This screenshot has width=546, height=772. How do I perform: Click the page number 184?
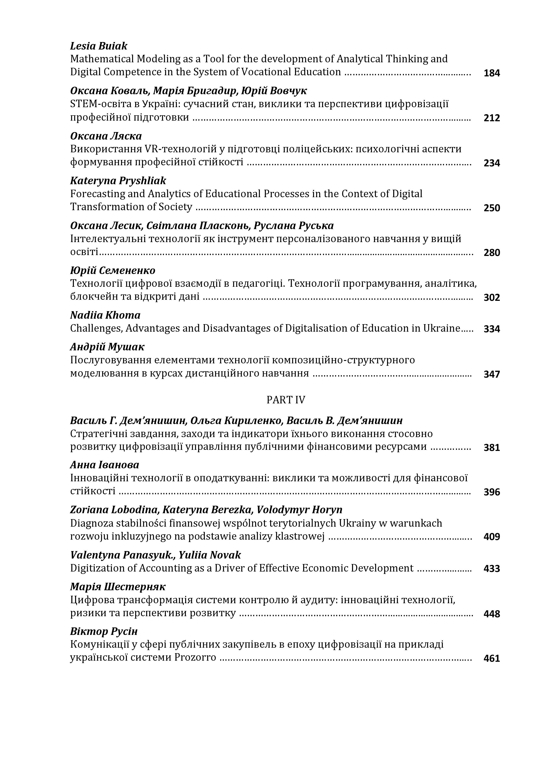(491, 73)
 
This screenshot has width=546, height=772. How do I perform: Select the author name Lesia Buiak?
(99, 46)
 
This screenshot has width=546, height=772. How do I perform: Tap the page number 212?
(491, 118)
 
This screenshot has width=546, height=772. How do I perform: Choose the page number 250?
(491, 208)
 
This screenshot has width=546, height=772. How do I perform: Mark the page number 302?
(491, 298)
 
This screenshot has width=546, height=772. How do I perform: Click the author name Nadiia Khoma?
(105, 315)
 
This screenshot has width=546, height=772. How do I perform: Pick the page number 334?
(491, 329)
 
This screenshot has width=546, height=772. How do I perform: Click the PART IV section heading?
(286, 400)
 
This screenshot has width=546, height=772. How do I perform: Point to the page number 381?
(491, 448)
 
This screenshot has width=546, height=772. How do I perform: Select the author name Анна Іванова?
(104, 465)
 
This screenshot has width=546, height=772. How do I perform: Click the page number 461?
(491, 658)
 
